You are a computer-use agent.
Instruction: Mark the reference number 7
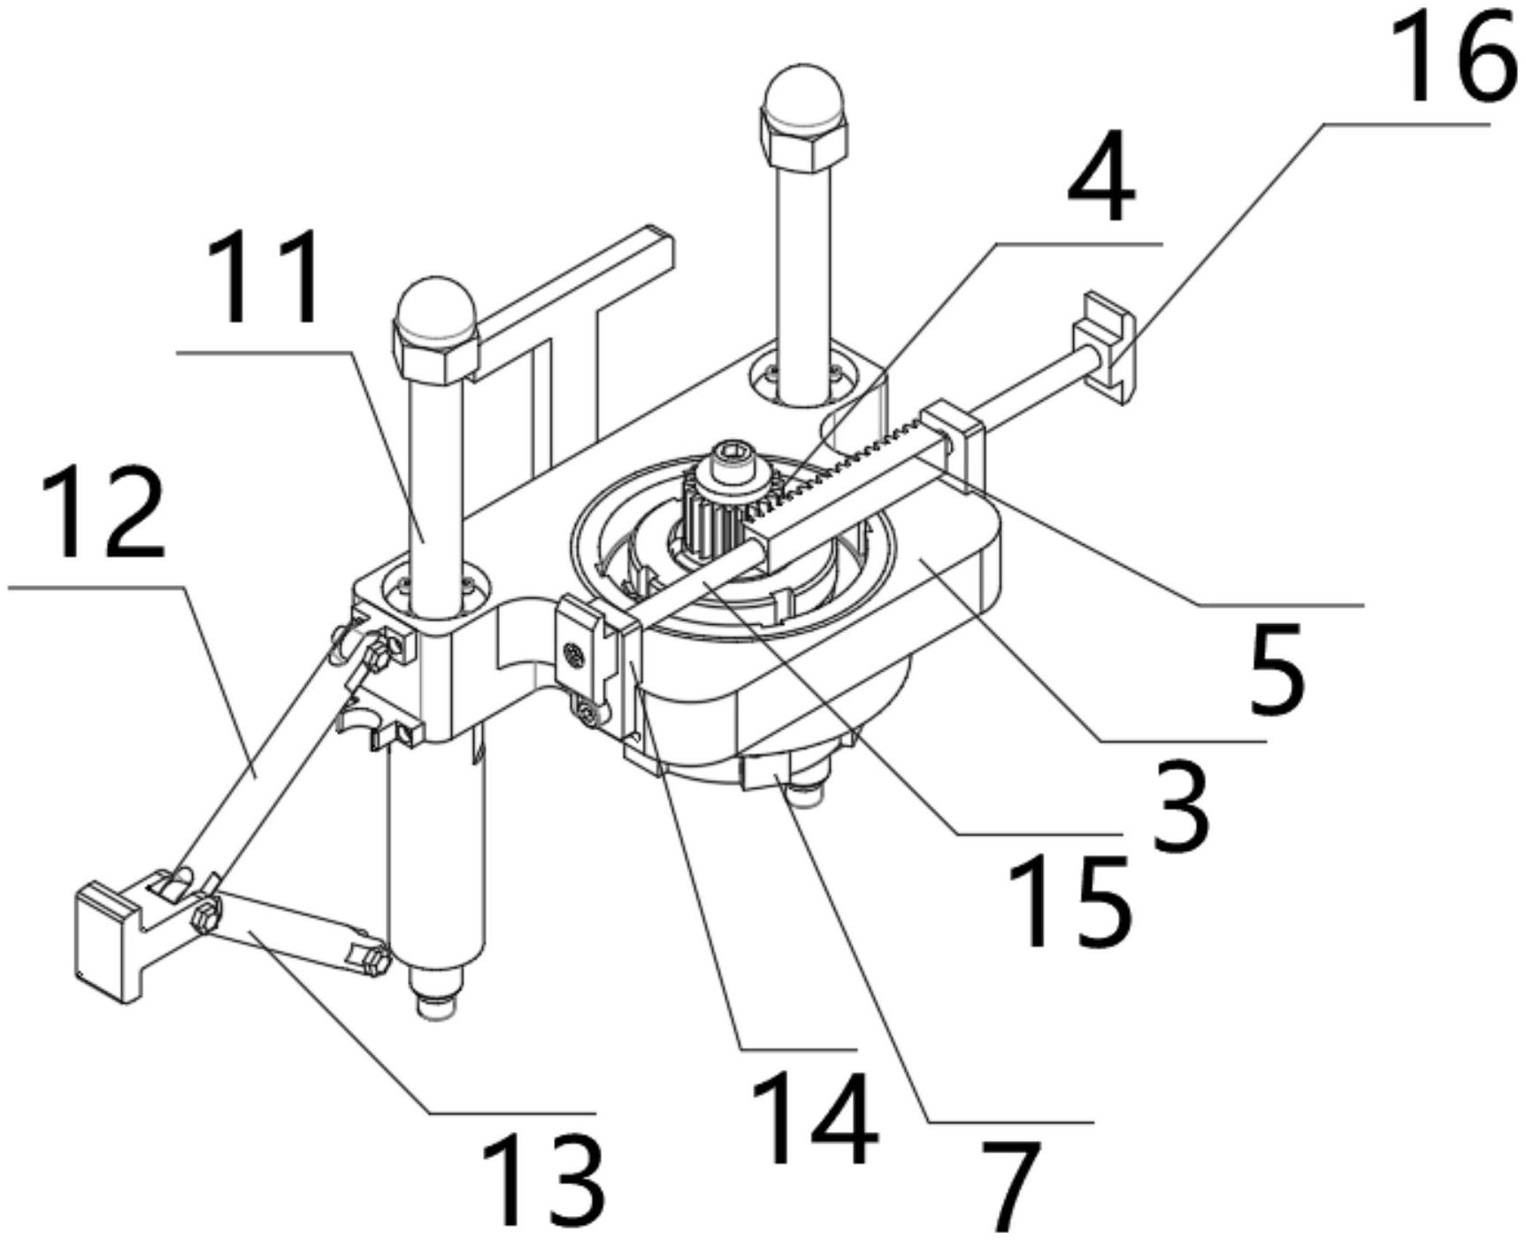click(x=1011, y=1186)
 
